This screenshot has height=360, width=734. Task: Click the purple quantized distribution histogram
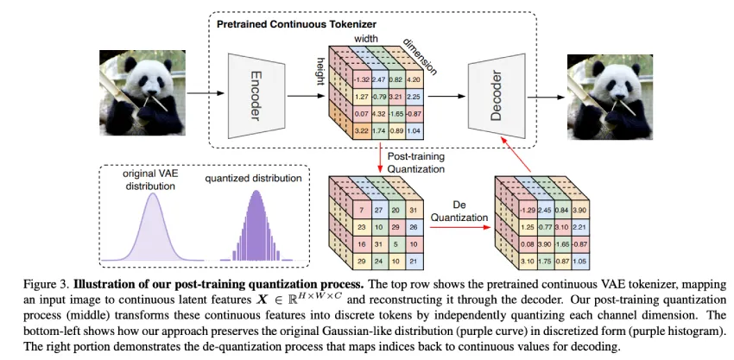(256, 234)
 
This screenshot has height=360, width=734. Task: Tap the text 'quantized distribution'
(254, 179)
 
